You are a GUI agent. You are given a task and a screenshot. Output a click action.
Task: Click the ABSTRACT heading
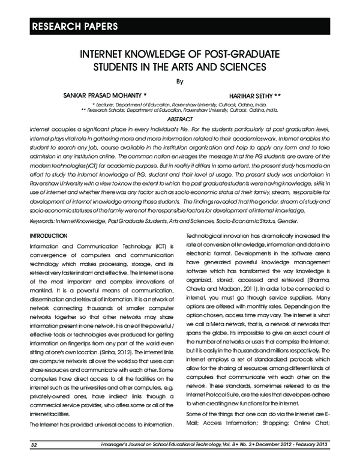point(179,120)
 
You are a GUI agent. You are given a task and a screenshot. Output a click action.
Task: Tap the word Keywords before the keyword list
point(44,222)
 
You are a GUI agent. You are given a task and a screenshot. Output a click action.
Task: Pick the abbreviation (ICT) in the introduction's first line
point(155,246)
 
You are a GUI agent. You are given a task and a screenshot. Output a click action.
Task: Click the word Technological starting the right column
point(211,235)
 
